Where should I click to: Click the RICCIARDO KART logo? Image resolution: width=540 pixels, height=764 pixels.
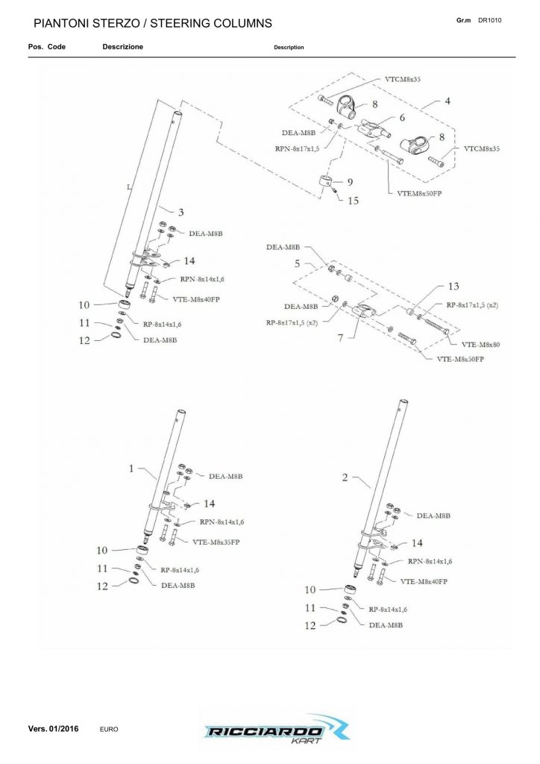[271, 729]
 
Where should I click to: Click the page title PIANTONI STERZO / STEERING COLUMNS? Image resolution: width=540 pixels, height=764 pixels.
[153, 25]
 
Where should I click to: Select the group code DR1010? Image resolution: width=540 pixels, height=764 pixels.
[489, 20]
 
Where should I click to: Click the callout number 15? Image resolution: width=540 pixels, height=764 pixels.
[353, 200]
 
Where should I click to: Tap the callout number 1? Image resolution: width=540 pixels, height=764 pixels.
[131, 469]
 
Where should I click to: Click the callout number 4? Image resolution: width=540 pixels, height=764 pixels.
[447, 100]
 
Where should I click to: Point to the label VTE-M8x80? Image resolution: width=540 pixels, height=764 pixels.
[480, 345]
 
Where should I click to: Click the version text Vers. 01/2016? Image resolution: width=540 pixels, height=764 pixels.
[53, 727]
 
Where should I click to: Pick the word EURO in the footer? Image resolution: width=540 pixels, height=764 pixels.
[109, 728]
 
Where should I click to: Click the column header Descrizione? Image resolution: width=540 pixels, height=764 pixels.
[122, 47]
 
